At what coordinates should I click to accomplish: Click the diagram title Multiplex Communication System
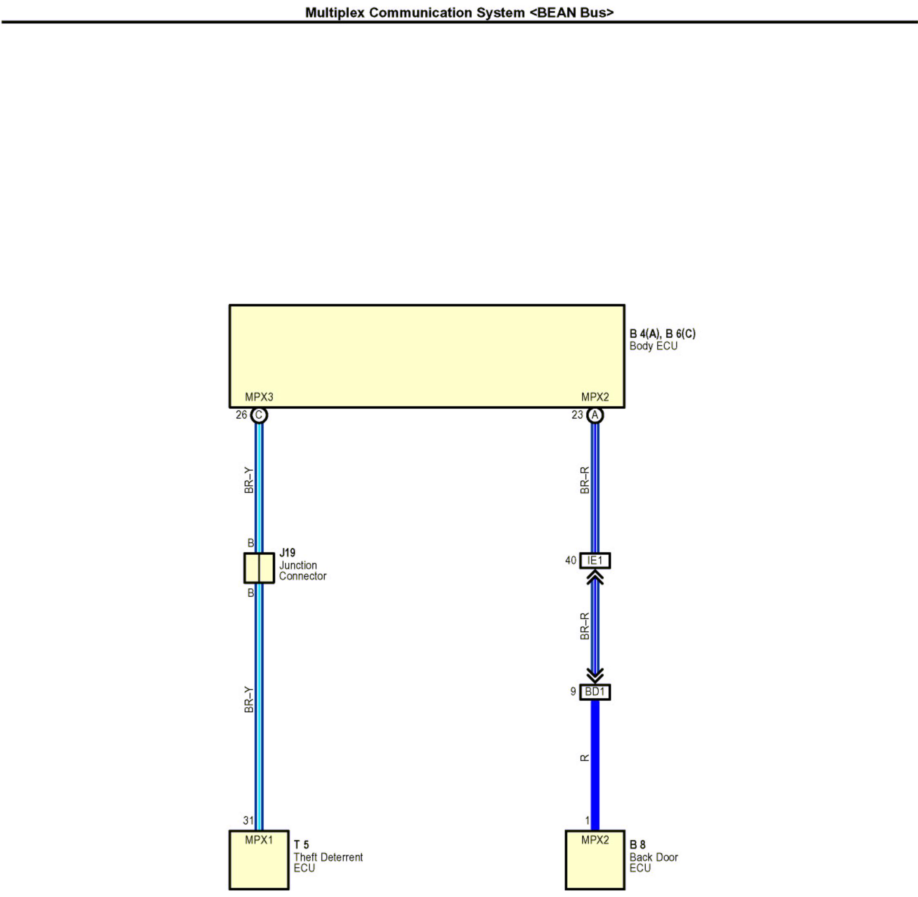pyautogui.click(x=460, y=13)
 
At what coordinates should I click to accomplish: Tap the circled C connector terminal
pyautogui.click(x=259, y=415)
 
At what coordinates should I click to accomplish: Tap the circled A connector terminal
pyautogui.click(x=595, y=415)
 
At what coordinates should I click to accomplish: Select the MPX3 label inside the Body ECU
pyautogui.click(x=259, y=397)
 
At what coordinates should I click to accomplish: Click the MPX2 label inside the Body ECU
pyautogui.click(x=595, y=397)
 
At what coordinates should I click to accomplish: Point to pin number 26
pyautogui.click(x=241, y=415)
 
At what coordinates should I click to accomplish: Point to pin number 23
pyautogui.click(x=577, y=415)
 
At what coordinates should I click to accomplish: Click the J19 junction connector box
pyautogui.click(x=259, y=568)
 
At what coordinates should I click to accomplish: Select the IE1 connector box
pyautogui.click(x=595, y=560)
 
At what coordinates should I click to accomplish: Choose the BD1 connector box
pyautogui.click(x=595, y=692)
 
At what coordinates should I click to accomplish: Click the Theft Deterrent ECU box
pyautogui.click(x=259, y=860)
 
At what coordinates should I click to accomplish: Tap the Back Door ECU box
pyautogui.click(x=595, y=860)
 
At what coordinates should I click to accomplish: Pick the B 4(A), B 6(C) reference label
pyautogui.click(x=662, y=334)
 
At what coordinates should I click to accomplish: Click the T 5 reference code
pyautogui.click(x=301, y=845)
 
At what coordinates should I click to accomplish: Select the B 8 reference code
pyautogui.click(x=637, y=845)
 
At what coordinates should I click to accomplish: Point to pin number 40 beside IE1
pyautogui.click(x=571, y=560)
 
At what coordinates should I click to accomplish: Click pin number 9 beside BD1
pyautogui.click(x=573, y=691)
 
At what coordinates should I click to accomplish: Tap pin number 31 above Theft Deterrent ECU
pyautogui.click(x=248, y=821)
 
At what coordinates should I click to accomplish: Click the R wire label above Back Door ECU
pyautogui.click(x=584, y=758)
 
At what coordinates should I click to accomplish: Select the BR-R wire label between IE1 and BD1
pyautogui.click(x=584, y=626)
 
